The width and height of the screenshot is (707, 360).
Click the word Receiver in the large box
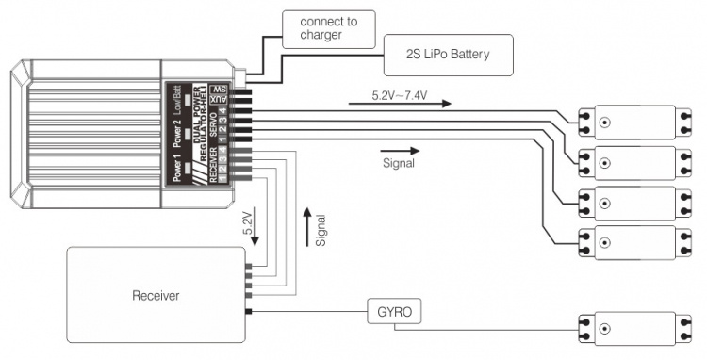pos(155,296)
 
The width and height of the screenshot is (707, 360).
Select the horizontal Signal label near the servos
pos(399,162)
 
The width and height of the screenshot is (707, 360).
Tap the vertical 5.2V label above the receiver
pos(247,224)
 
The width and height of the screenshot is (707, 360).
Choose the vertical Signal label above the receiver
pos(321,229)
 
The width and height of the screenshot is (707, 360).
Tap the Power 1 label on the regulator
pos(176,170)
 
